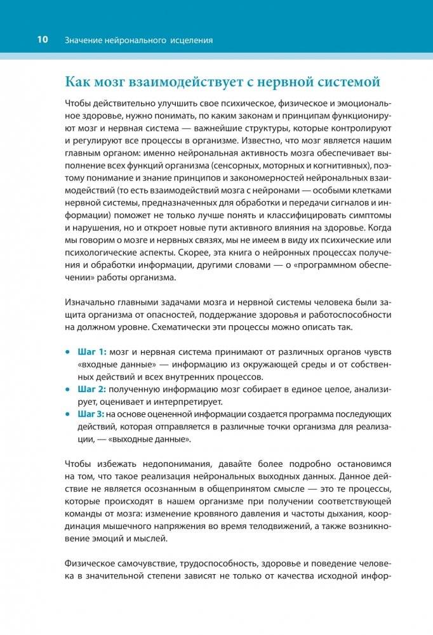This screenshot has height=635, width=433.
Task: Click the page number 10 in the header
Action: coord(42,40)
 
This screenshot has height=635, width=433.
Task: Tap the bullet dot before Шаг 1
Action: coord(68,351)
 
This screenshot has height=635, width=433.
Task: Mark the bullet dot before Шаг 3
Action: coord(68,414)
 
